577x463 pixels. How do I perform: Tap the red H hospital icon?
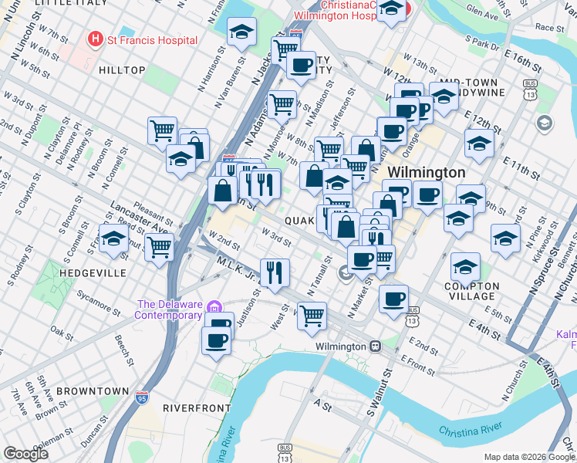pos(96,38)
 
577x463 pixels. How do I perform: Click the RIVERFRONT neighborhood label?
pos(197,407)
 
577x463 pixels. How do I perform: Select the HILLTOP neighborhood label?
pos(123,70)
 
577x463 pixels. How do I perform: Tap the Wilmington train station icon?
pos(375,346)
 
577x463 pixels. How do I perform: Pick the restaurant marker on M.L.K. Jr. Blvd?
pos(275,272)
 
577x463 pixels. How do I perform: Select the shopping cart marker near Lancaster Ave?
pos(159,248)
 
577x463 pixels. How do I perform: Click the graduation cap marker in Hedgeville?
pos(113,238)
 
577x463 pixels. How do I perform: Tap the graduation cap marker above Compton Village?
pos(465,267)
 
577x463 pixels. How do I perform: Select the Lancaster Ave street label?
pos(138,218)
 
